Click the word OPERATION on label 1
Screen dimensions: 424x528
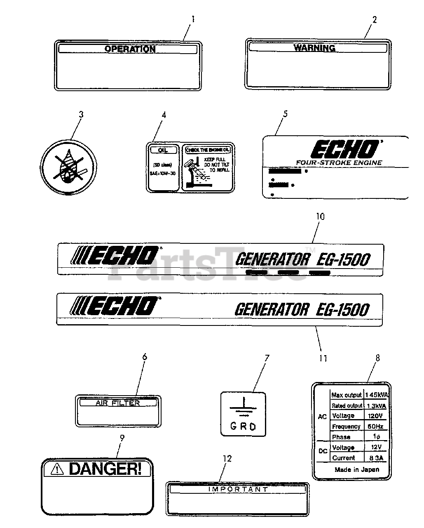tap(130, 49)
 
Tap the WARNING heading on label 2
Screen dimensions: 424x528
tap(314, 48)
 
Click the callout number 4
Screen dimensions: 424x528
tap(164, 115)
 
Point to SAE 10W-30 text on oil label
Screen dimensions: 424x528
tap(163, 173)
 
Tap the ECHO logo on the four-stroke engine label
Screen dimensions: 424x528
tap(344, 149)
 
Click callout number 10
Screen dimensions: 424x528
tap(320, 216)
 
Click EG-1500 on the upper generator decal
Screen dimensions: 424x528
tap(344, 259)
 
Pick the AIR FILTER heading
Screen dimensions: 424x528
tap(118, 403)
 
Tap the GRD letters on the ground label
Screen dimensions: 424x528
tap(243, 426)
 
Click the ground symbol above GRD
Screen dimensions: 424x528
tap(244, 407)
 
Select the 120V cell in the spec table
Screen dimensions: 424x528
tap(375, 416)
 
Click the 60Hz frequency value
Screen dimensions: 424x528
tap(375, 426)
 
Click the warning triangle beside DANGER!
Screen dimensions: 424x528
tap(58, 469)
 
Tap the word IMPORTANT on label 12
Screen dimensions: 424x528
tap(238, 489)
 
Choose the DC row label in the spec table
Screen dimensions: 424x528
tap(323, 451)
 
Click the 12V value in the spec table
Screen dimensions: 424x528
tap(375, 447)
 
